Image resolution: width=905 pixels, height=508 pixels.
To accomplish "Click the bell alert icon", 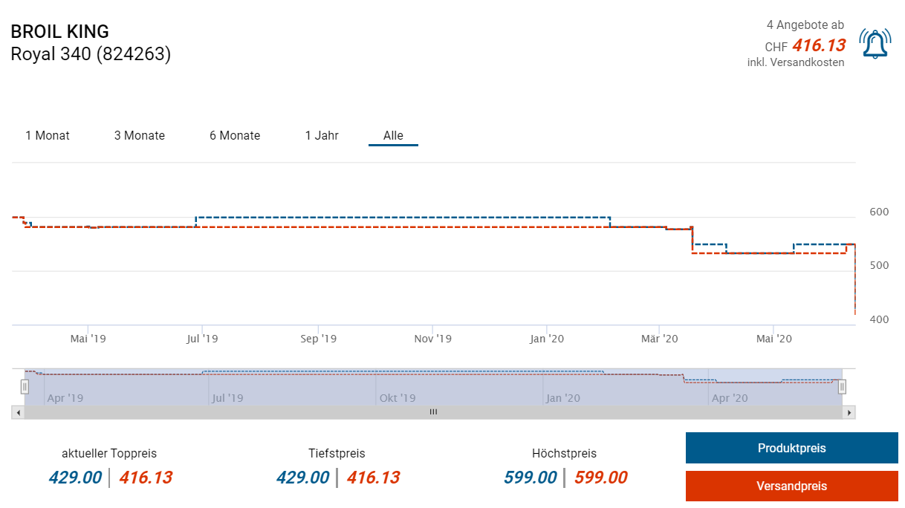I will pyautogui.click(x=875, y=45).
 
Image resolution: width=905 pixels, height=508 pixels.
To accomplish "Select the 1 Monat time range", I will pyautogui.click(x=48, y=135).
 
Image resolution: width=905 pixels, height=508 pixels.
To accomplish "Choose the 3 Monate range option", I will pyautogui.click(x=140, y=135).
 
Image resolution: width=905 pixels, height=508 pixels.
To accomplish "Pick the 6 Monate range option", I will pyautogui.click(x=235, y=135).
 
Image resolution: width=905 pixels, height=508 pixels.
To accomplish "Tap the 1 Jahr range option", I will pyautogui.click(x=322, y=135).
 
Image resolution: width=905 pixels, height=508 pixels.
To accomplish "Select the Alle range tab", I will pyautogui.click(x=393, y=135).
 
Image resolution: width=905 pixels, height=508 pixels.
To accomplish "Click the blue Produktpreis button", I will pyautogui.click(x=791, y=448).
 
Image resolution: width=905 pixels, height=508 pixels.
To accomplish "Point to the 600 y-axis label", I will pyautogui.click(x=879, y=212).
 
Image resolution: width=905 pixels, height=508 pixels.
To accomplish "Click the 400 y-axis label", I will pyautogui.click(x=879, y=319).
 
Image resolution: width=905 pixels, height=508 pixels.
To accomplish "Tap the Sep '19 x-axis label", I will pyautogui.click(x=318, y=339).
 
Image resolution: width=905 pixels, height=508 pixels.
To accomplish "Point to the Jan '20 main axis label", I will pyautogui.click(x=547, y=339).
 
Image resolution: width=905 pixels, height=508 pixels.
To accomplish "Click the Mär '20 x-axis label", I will pyautogui.click(x=660, y=339).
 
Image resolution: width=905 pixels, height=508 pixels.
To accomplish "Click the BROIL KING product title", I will pyautogui.click(x=59, y=31).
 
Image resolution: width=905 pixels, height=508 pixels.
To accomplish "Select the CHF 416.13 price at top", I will pyautogui.click(x=818, y=46).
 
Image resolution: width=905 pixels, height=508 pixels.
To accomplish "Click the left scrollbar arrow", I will pyautogui.click(x=18, y=411).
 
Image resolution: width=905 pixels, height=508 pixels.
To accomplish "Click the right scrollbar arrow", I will pyautogui.click(x=849, y=411).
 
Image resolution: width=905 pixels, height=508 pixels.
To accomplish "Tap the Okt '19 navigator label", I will pyautogui.click(x=398, y=398).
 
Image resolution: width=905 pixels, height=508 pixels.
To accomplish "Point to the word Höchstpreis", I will pyautogui.click(x=564, y=453).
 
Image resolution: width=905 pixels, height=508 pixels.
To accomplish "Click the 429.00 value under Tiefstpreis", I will pyautogui.click(x=302, y=478).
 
